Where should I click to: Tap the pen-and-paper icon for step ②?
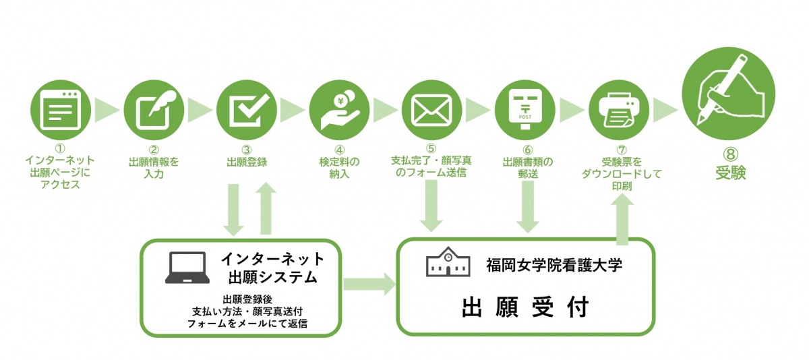(153, 109)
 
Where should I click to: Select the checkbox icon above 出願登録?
(246, 109)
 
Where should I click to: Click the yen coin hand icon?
(339, 109)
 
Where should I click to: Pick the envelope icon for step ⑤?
(432, 109)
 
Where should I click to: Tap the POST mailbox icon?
(525, 109)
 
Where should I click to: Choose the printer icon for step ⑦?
(618, 109)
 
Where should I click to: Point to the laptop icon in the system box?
(187, 268)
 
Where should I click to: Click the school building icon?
(448, 264)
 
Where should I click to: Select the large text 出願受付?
(525, 307)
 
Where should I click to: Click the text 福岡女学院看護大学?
(553, 264)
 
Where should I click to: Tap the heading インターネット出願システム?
(272, 267)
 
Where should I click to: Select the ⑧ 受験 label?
(729, 167)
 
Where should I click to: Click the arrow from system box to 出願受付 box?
(369, 283)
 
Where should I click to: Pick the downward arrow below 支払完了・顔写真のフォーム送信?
(432, 206)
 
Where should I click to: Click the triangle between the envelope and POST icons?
(478, 109)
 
